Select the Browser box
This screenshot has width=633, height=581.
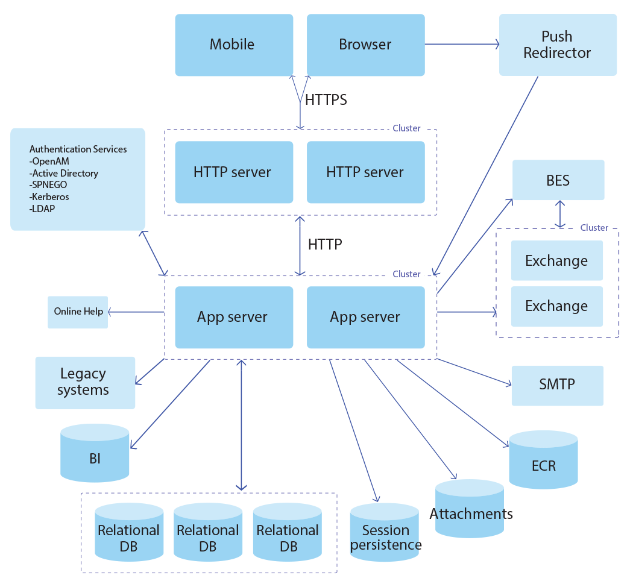pyautogui.click(x=365, y=45)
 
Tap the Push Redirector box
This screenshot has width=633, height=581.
pyautogui.click(x=558, y=45)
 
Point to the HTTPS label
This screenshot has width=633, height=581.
pyautogui.click(x=326, y=99)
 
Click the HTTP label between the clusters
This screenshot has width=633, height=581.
pyautogui.click(x=325, y=244)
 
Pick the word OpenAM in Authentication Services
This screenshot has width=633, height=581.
pyautogui.click(x=51, y=161)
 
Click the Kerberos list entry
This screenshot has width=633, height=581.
pyautogui.click(x=51, y=196)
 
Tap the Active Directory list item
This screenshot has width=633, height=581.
pyautogui.click(x=65, y=173)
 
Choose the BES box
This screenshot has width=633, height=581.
pyautogui.click(x=558, y=180)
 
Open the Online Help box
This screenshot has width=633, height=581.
pyautogui.click(x=78, y=312)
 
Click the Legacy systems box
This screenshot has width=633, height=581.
pyautogui.click(x=84, y=382)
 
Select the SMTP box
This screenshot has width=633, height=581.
pyautogui.click(x=557, y=385)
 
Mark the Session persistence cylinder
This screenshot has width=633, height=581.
pyautogui.click(x=385, y=533)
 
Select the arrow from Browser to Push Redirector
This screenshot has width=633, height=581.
pyautogui.click(x=462, y=44)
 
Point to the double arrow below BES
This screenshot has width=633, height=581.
pyautogui.click(x=561, y=214)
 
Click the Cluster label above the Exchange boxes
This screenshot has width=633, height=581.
pyautogui.click(x=594, y=228)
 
